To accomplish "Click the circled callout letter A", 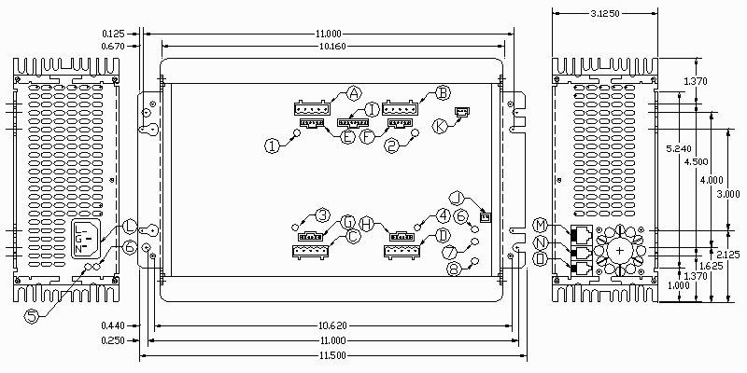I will point(353,92).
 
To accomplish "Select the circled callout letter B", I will point(443,92).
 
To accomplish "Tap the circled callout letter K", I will point(440,126).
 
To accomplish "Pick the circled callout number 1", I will point(271,145).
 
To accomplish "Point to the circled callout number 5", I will point(32,317).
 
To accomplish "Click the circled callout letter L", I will point(130,228).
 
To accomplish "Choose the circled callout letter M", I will point(541,226).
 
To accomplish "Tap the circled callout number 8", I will point(455,269).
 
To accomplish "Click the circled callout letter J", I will point(456,197).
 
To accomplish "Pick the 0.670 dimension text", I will point(113,46).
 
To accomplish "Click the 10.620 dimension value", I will point(332,325).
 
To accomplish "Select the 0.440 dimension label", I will point(113,325).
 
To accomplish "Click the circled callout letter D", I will point(443,236).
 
